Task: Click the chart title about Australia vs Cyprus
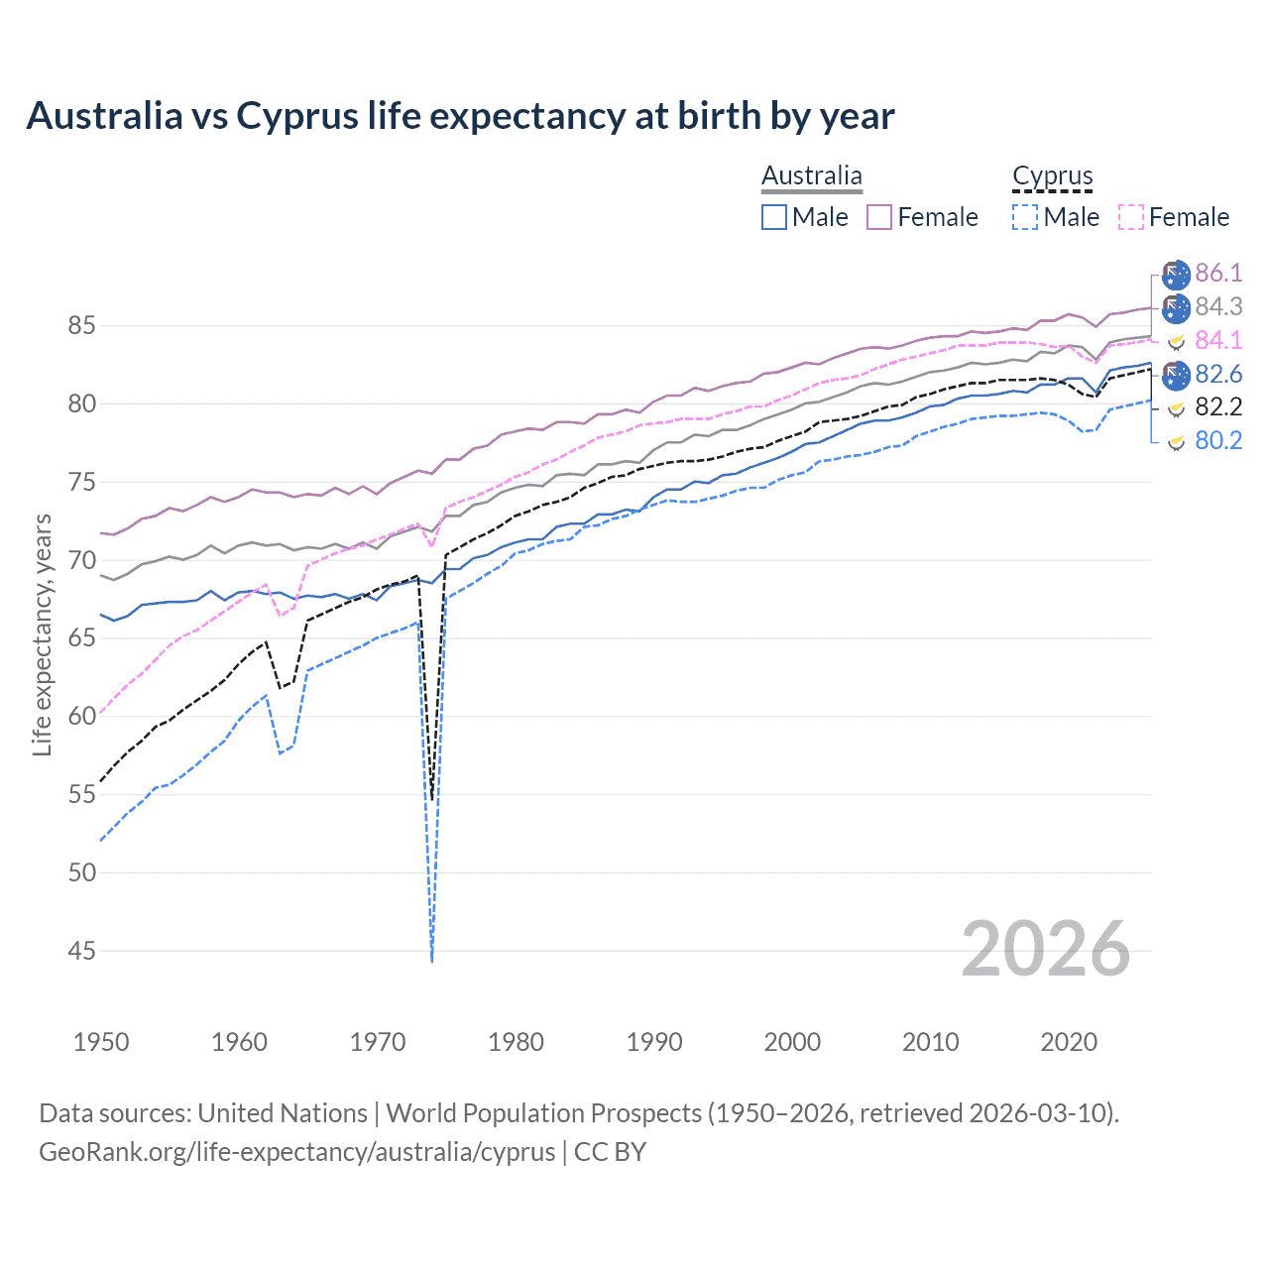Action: point(460,116)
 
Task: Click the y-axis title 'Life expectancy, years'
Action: point(42,634)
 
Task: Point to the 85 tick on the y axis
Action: point(82,325)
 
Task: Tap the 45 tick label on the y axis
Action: point(82,951)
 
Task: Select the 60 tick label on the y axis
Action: point(82,716)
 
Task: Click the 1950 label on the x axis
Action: point(101,1042)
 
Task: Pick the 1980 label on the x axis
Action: point(516,1042)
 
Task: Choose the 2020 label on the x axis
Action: point(1069,1042)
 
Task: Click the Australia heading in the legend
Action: point(812,175)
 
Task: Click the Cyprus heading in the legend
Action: point(1052,176)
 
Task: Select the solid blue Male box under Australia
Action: point(774,217)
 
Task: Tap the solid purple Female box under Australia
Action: point(879,217)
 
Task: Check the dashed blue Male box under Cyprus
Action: point(1025,217)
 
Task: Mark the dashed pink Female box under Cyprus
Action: point(1130,217)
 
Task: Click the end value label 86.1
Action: point(1218,273)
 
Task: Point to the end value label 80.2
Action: point(1218,440)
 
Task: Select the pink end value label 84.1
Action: point(1218,340)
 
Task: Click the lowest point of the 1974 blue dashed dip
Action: point(432,960)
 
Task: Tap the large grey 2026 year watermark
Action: point(1046,949)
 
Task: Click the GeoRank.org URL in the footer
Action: point(297,1152)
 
